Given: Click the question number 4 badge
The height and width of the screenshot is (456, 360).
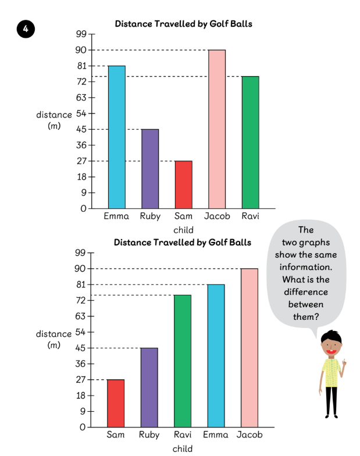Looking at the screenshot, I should [26, 29].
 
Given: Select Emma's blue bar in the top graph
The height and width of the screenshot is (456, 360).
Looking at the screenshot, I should [116, 137].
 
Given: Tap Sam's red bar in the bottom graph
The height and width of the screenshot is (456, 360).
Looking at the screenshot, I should [116, 403].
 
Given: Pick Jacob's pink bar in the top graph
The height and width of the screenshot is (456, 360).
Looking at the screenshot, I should [216, 129].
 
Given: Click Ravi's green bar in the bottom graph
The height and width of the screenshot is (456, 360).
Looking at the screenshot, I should [183, 361].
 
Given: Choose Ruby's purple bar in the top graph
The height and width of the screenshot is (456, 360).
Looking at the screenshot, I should [149, 168].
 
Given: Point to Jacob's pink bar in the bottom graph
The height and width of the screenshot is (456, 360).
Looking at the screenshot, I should [249, 347].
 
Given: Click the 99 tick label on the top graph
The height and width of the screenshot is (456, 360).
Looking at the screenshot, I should [81, 34].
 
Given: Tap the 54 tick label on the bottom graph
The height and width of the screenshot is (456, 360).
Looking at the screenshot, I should [80, 332].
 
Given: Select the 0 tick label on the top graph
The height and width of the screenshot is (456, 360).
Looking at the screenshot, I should [84, 208].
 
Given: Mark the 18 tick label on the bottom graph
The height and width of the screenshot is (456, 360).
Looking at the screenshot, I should [80, 396].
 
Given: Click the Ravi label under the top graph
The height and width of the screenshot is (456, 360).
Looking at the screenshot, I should [250, 216].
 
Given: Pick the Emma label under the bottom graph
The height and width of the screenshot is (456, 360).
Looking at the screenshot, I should [215, 434].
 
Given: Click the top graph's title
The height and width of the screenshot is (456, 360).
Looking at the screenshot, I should [183, 24].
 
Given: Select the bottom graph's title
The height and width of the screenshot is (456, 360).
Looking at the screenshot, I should [183, 242].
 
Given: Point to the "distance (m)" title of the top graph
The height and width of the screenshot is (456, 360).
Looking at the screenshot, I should [54, 119].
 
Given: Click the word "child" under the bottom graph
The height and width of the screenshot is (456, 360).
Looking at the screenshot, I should [183, 448].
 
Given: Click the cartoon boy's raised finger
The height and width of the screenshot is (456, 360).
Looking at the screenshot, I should [344, 362].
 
